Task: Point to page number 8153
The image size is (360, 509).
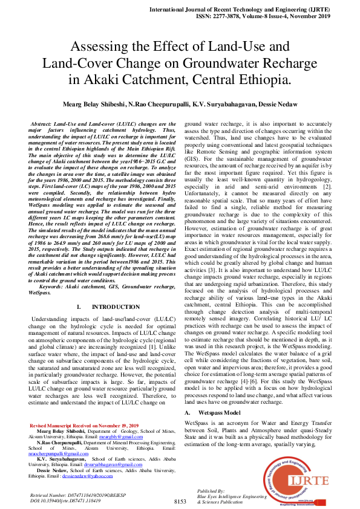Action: (x=180, y=501)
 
